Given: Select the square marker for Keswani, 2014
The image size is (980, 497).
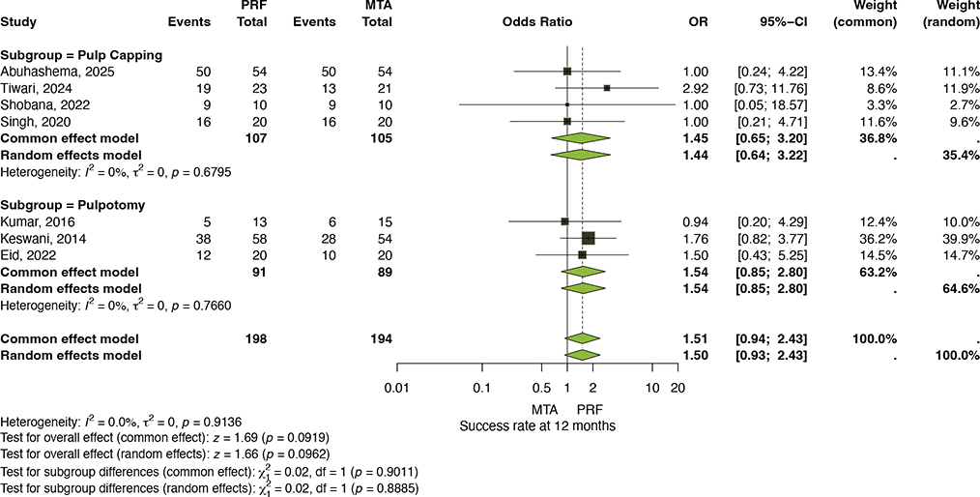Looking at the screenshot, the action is pyautogui.click(x=589, y=238).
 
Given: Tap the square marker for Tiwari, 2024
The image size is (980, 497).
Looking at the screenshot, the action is pyautogui.click(x=606, y=88).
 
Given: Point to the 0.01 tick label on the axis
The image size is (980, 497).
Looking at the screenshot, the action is pyautogui.click(x=397, y=388).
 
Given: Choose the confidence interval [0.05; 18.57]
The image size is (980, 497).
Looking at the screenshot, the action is pyautogui.click(x=771, y=103).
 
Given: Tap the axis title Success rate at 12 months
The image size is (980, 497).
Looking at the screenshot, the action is pyautogui.click(x=537, y=426).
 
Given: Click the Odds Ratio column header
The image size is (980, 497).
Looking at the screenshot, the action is pyautogui.click(x=537, y=22).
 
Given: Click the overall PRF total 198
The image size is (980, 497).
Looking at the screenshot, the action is pyautogui.click(x=257, y=338).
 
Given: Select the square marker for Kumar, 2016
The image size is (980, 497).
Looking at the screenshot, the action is pyautogui.click(x=565, y=221).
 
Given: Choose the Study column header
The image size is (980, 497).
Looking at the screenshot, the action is pyautogui.click(x=18, y=22).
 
